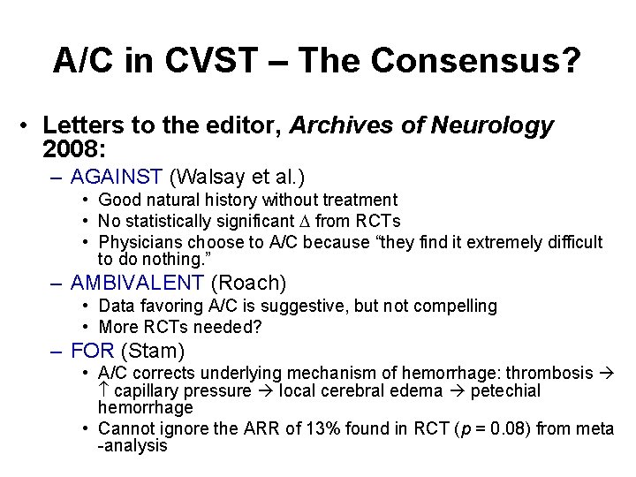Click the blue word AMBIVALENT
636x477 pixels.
138,283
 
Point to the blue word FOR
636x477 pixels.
93,351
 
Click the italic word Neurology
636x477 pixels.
492,125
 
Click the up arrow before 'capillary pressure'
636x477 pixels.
103,390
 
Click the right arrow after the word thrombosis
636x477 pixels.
606,373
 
